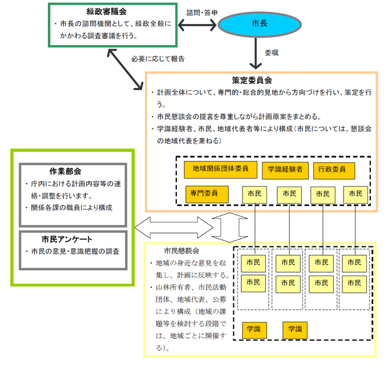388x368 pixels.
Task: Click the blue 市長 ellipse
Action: pyautogui.click(x=259, y=25)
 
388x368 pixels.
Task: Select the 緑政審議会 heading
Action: pyautogui.click(x=106, y=11)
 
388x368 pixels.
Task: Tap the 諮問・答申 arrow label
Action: pyautogui.click(x=202, y=13)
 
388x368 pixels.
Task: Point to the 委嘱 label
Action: pyautogui.click(x=272, y=52)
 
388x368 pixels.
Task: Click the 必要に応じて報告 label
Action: pyautogui.click(x=158, y=59)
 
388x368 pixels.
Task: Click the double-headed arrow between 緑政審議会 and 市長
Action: pyautogui.click(x=197, y=25)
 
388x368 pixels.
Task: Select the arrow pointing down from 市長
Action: pyautogui.click(x=256, y=53)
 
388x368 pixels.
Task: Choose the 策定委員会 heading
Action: pyautogui.click(x=252, y=80)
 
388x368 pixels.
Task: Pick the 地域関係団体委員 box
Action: pyautogui.click(x=220, y=170)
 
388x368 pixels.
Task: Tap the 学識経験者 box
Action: pyautogui.click(x=285, y=171)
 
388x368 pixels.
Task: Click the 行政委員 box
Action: pyautogui.click(x=334, y=171)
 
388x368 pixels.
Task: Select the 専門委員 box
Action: pyautogui.click(x=207, y=195)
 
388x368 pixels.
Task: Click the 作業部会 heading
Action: pyautogui.click(x=65, y=171)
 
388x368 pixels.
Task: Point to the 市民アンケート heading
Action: pyautogui.click(x=67, y=239)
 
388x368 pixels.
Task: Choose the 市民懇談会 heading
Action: pyautogui.click(x=181, y=250)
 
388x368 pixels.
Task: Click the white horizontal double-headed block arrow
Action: pyautogui.click(x=174, y=228)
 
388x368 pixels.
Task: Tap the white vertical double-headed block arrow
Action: pyautogui.click(x=230, y=228)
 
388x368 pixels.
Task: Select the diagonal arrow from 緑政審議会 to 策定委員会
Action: pyautogui.click(x=125, y=69)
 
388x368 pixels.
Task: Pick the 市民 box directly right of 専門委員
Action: pyautogui.click(x=254, y=195)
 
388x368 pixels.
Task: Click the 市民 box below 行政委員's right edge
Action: pyautogui.click(x=355, y=195)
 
